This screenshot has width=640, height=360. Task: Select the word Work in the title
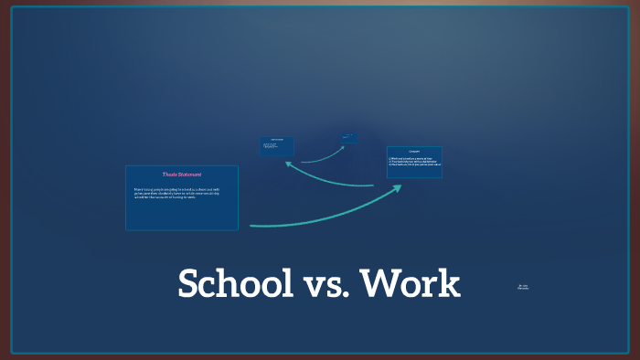click(x=411, y=284)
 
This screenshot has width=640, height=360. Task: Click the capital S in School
click(x=188, y=284)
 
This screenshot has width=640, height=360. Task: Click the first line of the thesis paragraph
click(x=180, y=189)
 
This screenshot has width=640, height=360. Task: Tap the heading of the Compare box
click(x=413, y=151)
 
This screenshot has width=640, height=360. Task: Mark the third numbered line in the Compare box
click(x=412, y=165)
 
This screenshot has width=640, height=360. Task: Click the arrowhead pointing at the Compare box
click(x=397, y=187)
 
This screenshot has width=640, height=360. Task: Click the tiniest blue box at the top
click(x=348, y=138)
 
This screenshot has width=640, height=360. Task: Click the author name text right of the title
click(x=523, y=287)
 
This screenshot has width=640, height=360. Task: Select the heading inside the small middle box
click(x=276, y=140)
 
